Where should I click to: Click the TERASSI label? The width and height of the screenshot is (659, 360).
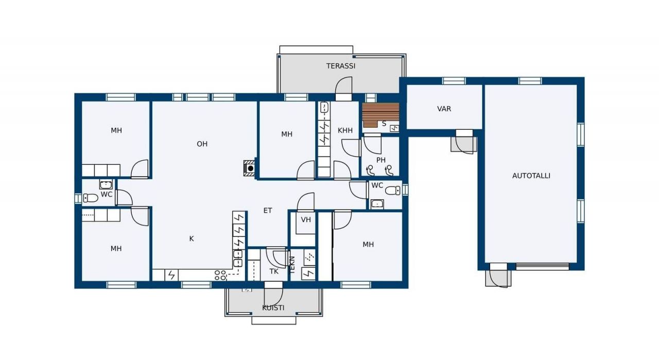click(x=341, y=66)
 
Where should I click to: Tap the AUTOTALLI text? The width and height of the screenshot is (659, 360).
click(x=531, y=176)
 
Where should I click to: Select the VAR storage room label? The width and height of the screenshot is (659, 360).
click(x=444, y=109)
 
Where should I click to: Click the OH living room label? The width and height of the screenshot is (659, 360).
click(x=202, y=144)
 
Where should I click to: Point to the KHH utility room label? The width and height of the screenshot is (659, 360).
click(x=345, y=130)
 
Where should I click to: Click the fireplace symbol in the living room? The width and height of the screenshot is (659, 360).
click(x=249, y=168)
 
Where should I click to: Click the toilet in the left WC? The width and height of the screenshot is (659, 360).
click(x=91, y=198)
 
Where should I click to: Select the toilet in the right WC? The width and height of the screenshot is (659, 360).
click(x=393, y=191)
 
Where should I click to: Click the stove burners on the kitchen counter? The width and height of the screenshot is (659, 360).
click(x=220, y=275)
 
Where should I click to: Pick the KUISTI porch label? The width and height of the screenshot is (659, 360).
click(x=273, y=308)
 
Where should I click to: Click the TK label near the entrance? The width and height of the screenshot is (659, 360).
click(x=274, y=271)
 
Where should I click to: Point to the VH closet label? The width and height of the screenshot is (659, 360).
click(x=306, y=219)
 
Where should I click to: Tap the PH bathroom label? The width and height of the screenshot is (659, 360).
click(x=381, y=160)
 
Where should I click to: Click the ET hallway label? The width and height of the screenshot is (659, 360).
click(x=268, y=211)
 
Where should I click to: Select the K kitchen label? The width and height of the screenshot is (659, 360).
click(x=192, y=239)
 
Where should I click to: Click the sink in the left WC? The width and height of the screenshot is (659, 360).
click(x=106, y=184)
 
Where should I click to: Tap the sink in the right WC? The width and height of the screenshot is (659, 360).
click(x=377, y=204)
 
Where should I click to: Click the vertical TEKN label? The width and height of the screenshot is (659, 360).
click(x=292, y=265)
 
